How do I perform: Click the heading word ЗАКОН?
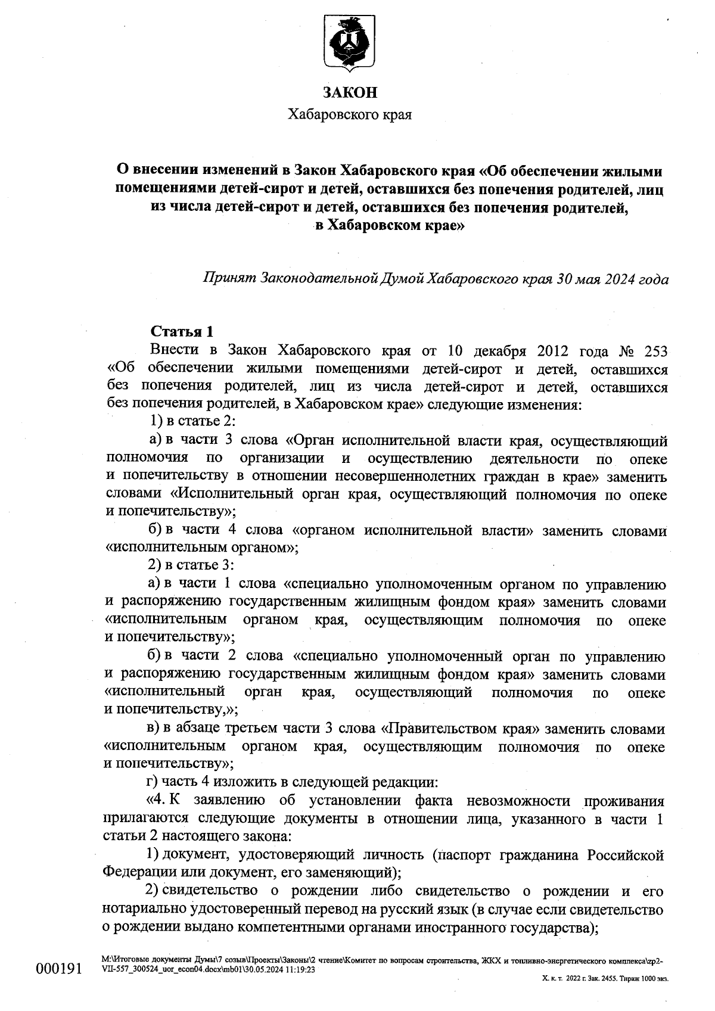tap(350, 92)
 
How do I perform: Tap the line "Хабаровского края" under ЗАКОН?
tap(350, 114)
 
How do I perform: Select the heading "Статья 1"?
tap(182, 332)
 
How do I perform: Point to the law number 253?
tap(654, 350)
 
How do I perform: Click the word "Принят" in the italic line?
tap(229, 278)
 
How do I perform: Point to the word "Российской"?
tap(626, 856)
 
